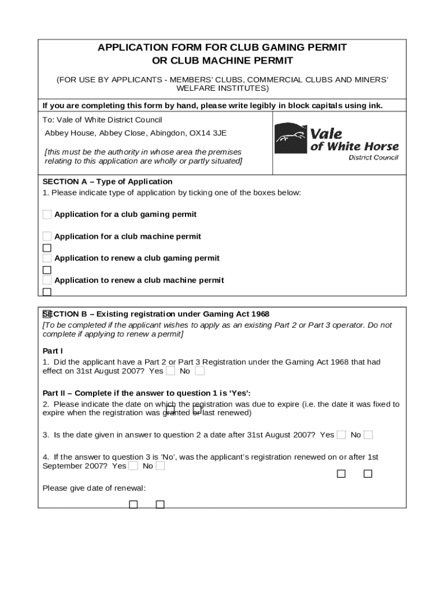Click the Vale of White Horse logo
336,141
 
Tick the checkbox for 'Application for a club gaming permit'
47,214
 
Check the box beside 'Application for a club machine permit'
47,236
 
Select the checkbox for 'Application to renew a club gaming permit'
47,258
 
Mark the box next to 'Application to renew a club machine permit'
47,280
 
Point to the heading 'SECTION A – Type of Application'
107,182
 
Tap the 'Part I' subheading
53,350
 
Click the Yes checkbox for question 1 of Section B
170,371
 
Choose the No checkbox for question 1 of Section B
199,371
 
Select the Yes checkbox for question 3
342,435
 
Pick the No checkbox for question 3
368,435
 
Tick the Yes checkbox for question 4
133,466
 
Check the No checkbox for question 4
160,466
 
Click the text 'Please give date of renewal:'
94,489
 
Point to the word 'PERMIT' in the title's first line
324,47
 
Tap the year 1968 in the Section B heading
259,314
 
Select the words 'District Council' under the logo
373,158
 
